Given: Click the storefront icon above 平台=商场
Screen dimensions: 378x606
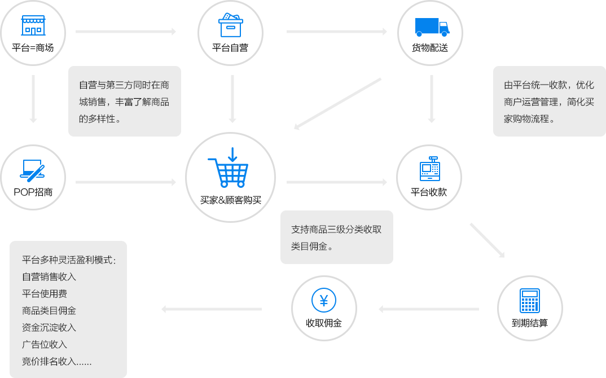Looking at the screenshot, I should tap(33, 26).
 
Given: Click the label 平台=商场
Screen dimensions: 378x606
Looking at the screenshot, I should tap(33, 48).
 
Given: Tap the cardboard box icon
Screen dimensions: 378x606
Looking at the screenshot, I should tap(230, 25).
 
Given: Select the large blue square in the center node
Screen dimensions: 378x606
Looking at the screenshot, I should tap(227, 167).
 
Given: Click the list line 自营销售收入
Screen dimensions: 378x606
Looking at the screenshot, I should tap(49, 276).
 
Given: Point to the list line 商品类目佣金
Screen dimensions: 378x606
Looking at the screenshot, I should tap(49, 310).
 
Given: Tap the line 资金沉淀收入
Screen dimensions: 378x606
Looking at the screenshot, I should tap(49, 327).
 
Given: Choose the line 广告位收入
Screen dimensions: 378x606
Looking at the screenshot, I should tap(45, 344).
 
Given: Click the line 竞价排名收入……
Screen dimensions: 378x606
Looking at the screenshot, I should tap(56, 361).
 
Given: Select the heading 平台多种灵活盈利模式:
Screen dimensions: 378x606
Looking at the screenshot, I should tap(69, 260).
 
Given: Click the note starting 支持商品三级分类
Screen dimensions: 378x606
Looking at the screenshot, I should tap(336, 238).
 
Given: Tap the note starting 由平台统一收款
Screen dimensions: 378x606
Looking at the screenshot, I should tap(549, 102).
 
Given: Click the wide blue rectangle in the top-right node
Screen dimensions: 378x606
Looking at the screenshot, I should tap(432, 27).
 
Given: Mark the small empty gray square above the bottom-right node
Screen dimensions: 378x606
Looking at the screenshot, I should tap(487, 240).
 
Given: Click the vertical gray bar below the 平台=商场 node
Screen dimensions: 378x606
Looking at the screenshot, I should tap(33, 99).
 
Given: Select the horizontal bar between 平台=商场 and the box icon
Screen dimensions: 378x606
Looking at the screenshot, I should tap(126, 32).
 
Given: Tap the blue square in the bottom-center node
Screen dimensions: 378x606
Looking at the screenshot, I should tap(323, 300).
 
